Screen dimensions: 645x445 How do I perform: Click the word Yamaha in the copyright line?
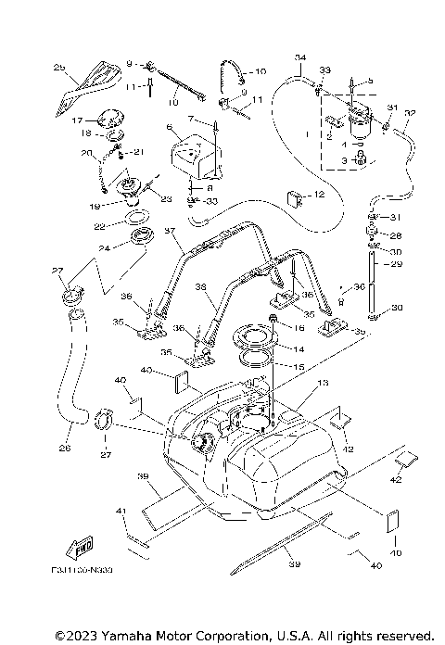point(117,636)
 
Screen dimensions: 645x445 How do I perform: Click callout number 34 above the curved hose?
point(299,57)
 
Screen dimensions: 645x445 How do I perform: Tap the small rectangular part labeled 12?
point(295,197)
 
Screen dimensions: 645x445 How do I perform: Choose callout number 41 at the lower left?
point(120,511)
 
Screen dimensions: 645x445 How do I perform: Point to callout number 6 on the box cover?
point(170,126)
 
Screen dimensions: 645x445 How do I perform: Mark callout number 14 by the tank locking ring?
point(299,350)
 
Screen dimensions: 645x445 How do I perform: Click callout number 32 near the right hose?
point(411,114)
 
